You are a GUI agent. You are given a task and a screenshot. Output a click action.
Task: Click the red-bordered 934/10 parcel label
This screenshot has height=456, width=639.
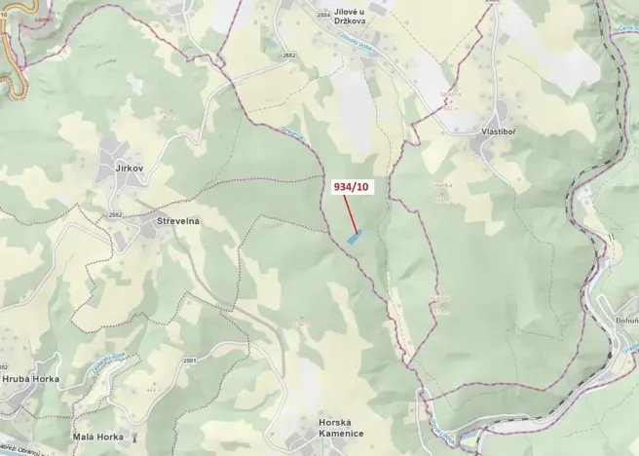351,186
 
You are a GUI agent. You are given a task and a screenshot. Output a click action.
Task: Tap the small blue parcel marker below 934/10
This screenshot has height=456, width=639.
356,235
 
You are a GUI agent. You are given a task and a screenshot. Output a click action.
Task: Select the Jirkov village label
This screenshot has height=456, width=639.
130,169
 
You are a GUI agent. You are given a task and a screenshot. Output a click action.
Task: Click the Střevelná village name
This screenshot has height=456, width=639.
178,222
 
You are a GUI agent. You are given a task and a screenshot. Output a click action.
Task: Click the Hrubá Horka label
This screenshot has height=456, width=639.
30,379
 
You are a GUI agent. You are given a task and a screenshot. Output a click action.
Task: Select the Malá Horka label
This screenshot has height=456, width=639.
97,437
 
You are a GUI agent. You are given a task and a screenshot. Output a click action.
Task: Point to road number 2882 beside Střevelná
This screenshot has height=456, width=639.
116,215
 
